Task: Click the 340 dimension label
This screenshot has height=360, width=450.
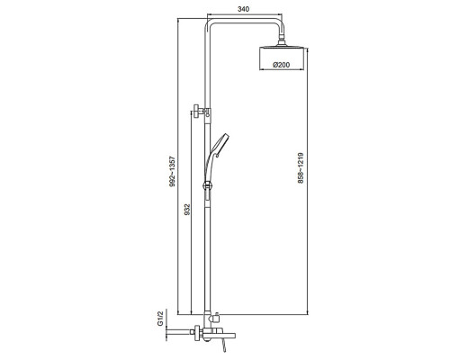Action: click(x=243, y=9)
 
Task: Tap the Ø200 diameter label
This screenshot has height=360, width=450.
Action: click(x=282, y=65)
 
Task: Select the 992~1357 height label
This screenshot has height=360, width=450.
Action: click(x=172, y=172)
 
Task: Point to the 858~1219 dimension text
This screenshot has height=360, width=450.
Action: click(x=301, y=168)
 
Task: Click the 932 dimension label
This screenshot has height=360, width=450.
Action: click(x=187, y=210)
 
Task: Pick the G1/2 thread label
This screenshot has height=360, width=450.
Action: click(x=160, y=319)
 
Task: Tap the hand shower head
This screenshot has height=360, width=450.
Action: click(x=220, y=146)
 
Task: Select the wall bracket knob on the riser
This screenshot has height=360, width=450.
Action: click(x=197, y=112)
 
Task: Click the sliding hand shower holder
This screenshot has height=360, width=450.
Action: click(x=207, y=185)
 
